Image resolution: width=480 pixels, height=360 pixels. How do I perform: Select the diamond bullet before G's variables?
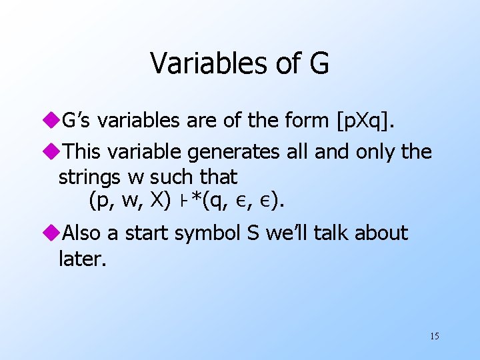click(x=53, y=121)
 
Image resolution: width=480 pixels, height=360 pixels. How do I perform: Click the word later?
click(x=82, y=258)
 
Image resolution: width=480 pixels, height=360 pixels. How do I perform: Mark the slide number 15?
click(x=434, y=335)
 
